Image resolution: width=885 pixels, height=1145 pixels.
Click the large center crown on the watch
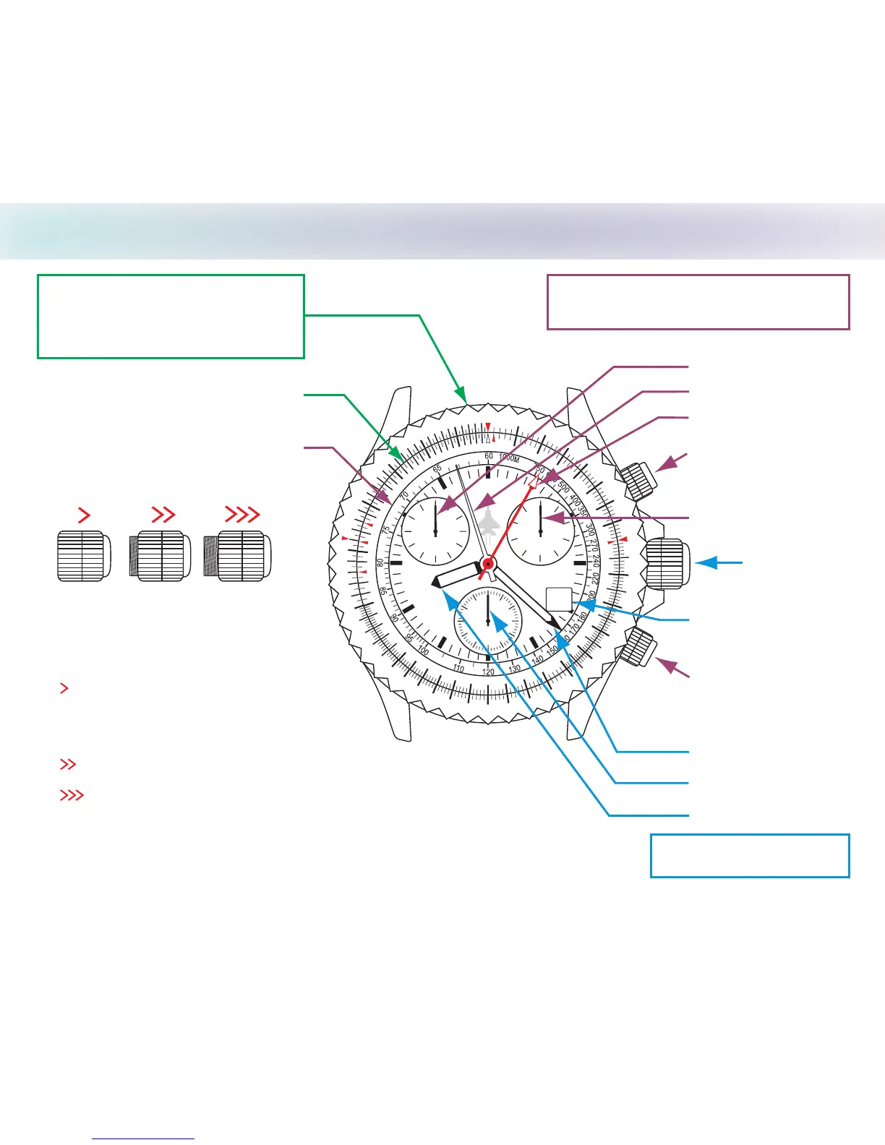pos(667,563)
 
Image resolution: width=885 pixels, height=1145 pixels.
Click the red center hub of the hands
pos(489,563)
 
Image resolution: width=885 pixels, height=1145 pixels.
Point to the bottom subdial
pos(488,621)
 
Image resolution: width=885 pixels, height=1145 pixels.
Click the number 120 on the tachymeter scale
pos(489,672)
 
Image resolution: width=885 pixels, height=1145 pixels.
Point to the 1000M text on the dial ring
pos(509,458)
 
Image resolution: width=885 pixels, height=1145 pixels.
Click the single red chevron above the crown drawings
pos(84,515)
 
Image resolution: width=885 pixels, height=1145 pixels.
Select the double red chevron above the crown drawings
pos(164,515)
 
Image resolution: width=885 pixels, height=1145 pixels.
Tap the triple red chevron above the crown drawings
pos(242,515)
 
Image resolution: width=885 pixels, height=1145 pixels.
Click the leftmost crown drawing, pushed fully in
pos(84,555)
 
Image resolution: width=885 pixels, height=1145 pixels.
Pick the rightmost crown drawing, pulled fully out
pos(238,555)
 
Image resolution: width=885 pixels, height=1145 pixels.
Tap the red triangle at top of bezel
pos(489,426)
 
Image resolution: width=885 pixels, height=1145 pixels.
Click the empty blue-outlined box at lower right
pos(750,856)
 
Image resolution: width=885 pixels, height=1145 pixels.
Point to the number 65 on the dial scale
pos(437,469)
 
